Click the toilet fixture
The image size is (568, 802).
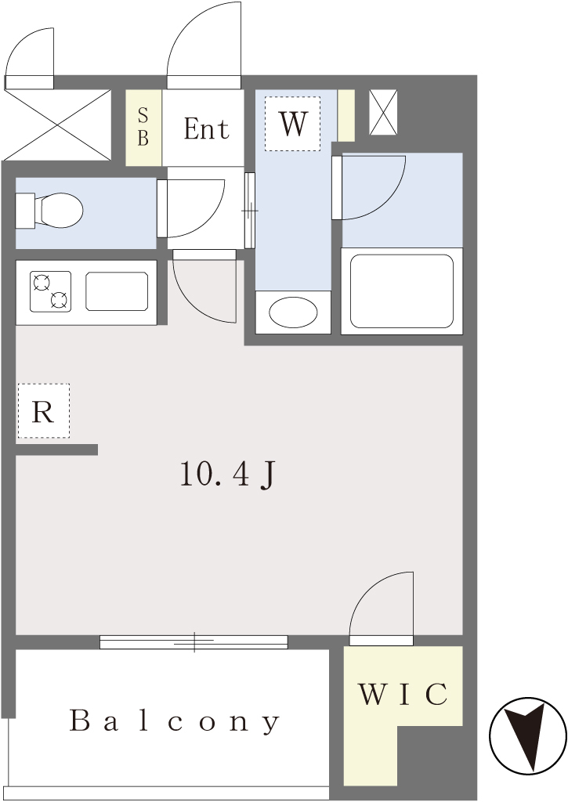click(49, 210)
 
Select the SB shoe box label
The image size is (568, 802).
click(143, 128)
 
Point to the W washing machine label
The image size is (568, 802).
click(293, 123)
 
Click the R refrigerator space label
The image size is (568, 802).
click(43, 411)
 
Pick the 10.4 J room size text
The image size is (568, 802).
click(228, 474)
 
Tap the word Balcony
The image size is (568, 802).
click(175, 721)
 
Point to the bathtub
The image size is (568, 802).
click(402, 291)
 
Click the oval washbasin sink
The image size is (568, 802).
click(293, 312)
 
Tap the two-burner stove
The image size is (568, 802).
click(50, 291)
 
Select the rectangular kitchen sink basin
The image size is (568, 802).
click(117, 291)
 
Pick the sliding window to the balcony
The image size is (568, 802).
click(194, 642)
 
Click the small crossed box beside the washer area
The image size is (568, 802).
click(383, 113)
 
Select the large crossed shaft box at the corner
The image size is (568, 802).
click(56, 125)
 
